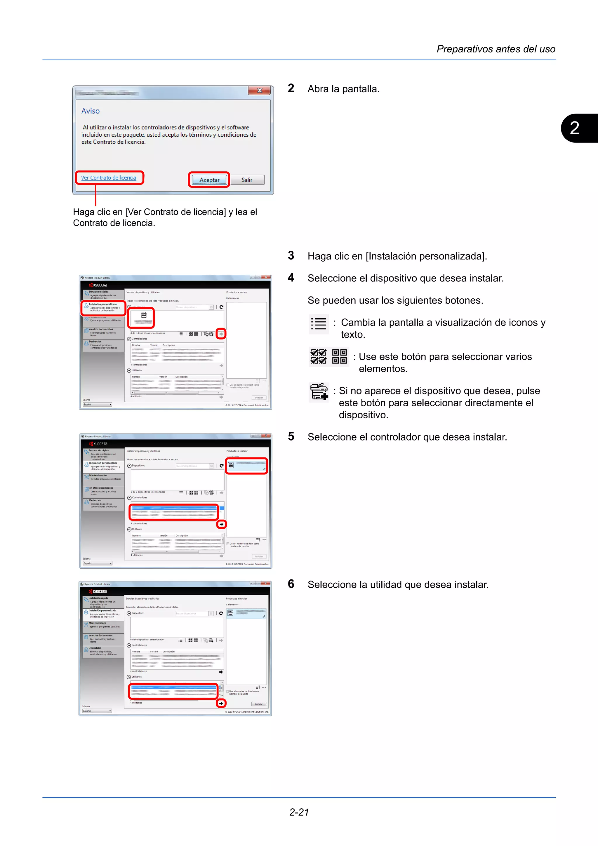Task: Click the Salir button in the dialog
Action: [x=247, y=180]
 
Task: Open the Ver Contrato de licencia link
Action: [x=109, y=177]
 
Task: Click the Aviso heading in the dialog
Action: [x=90, y=111]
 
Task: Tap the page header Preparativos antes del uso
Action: [x=496, y=49]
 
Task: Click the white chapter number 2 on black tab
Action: [x=574, y=128]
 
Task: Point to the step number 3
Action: [x=291, y=255]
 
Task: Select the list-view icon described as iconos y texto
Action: [x=319, y=323]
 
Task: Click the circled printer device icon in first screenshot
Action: [x=141, y=318]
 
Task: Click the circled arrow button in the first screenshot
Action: [x=221, y=334]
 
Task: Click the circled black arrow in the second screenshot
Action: [x=221, y=524]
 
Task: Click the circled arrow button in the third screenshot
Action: [x=221, y=704]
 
